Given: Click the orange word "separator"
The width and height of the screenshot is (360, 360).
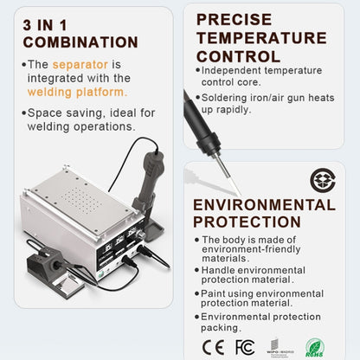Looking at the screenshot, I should (80, 64).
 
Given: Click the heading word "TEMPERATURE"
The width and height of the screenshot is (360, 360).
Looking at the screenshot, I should (260, 37).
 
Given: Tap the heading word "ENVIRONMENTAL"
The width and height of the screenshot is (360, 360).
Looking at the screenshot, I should (263, 205).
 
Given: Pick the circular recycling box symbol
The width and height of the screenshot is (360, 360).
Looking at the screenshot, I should (321, 179).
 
